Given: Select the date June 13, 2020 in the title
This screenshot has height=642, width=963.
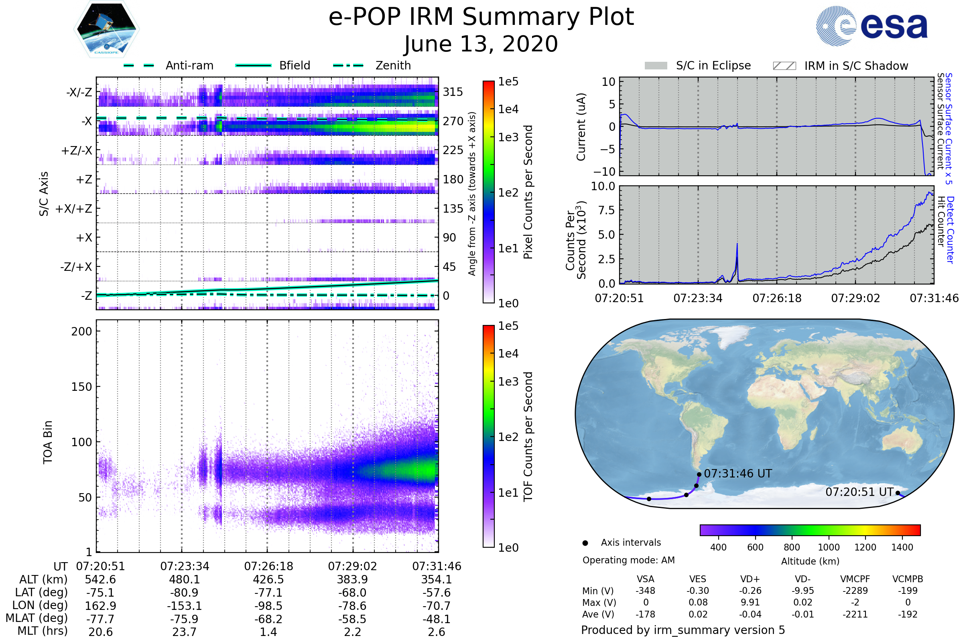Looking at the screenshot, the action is coord(481,44).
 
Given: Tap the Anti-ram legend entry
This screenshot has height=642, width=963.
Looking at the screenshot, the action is coord(169,65).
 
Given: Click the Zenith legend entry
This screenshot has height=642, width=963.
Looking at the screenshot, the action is coord(372,65).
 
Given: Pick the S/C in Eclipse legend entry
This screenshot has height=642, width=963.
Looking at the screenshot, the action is coord(698,65).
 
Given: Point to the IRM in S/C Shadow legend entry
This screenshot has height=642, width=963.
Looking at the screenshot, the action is coord(841,66).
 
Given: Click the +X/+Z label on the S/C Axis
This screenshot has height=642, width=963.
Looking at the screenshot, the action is coord(74,209).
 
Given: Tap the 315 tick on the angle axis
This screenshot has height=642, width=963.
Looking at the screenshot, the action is coord(453,92).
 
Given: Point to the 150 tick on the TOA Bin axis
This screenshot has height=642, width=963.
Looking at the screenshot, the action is coord(81,387).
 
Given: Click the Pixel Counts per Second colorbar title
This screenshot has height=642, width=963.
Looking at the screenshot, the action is coord(528,192).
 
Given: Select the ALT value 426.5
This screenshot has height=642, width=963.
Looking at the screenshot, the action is coord(268,580).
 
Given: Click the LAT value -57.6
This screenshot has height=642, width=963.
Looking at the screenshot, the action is coord(437,593).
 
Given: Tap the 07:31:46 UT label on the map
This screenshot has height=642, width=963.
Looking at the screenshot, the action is coord(738,474).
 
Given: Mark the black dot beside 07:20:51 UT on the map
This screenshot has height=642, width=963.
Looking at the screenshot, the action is coord(898,493).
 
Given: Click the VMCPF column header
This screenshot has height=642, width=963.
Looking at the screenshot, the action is coord(855,579).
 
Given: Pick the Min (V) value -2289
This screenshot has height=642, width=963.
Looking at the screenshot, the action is coord(855,591).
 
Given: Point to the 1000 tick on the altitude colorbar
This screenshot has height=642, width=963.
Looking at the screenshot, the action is coord(829,547).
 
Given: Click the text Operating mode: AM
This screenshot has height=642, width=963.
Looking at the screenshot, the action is coord(628,560).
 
